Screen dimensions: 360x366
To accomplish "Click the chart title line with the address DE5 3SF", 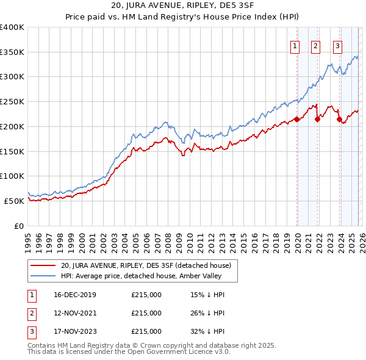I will pos(182,7).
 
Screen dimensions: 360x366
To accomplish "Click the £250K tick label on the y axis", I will pos(12,101).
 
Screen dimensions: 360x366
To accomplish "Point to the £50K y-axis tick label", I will pos(14,201).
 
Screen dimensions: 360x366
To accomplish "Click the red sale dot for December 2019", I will pos(297,119).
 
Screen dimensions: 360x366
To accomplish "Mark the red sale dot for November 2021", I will pos(317,119).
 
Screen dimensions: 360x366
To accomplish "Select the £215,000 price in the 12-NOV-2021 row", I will pos(146,313).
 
